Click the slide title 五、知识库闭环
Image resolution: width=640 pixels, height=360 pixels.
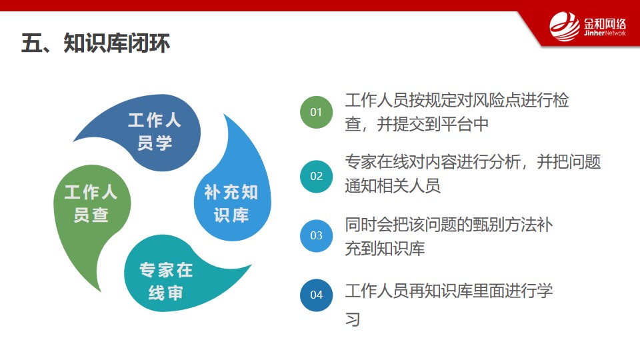click(x=95, y=43)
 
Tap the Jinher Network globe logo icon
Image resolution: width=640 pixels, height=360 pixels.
click(x=565, y=27)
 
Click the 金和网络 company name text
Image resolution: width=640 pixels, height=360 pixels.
click(x=605, y=23)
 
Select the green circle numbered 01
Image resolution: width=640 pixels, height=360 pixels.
click(x=316, y=112)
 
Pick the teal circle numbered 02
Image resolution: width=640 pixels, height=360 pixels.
click(x=316, y=176)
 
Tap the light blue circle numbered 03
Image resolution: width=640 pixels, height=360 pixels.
click(x=316, y=235)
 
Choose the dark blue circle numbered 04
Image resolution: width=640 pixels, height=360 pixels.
click(x=316, y=295)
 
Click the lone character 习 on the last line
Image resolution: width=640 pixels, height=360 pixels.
click(x=353, y=319)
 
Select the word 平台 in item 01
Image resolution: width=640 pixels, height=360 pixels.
click(x=457, y=124)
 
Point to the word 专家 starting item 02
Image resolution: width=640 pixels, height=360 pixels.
click(x=361, y=162)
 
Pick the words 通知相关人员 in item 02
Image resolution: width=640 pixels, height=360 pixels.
click(x=393, y=186)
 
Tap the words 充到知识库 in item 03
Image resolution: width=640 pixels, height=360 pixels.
click(x=385, y=249)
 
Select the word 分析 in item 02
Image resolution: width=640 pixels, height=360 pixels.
click(x=505, y=162)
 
